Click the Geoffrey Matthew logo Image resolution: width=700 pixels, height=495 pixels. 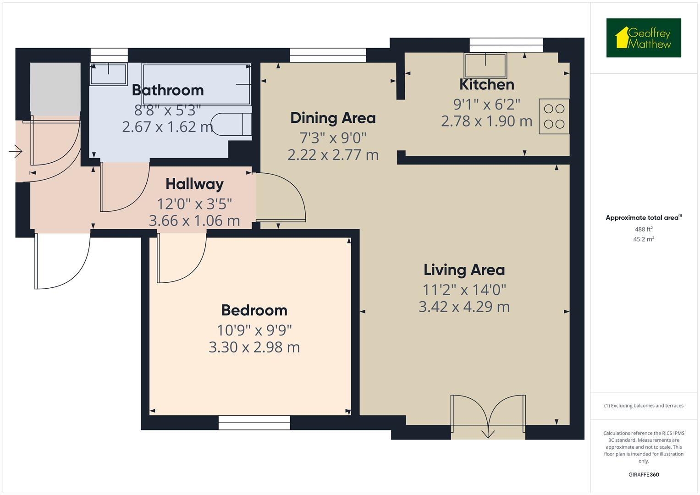(644, 38)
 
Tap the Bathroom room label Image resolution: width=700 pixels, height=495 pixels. (168, 90)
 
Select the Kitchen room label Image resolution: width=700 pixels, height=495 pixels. (487, 85)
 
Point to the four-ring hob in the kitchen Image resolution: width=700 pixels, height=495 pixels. (554, 116)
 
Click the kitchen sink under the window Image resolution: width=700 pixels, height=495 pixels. (485, 66)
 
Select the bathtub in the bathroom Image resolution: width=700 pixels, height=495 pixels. (197, 84)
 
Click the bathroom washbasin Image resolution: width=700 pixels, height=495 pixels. (109, 74)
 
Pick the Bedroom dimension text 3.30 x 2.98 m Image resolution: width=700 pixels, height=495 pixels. (254, 347)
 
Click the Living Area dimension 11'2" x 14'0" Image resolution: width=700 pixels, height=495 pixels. (464, 290)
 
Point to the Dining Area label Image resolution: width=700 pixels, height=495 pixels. (333, 118)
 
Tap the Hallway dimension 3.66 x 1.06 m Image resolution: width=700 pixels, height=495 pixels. (194, 221)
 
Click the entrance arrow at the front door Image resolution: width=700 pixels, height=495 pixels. (16, 151)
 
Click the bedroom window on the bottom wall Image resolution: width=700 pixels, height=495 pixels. (254, 423)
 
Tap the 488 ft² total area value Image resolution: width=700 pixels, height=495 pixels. (644, 229)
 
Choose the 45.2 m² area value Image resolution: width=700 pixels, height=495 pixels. (644, 239)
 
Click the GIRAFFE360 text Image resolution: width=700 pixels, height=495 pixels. (644, 475)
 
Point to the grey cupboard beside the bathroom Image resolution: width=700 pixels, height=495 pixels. (55, 87)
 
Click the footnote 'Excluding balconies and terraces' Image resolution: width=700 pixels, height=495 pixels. (644, 406)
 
